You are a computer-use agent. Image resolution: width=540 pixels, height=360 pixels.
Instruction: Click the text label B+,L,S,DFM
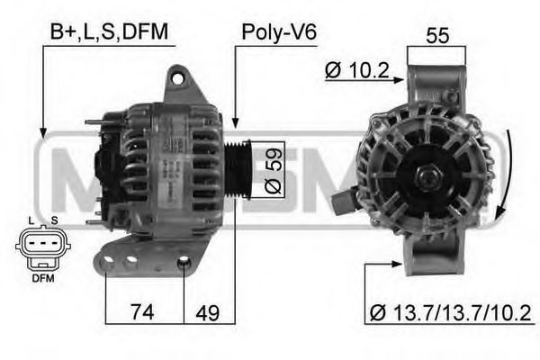[109, 32]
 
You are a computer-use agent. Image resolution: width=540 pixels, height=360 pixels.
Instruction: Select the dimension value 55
[436, 36]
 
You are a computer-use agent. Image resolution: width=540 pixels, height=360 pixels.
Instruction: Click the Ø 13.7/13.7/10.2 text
[450, 312]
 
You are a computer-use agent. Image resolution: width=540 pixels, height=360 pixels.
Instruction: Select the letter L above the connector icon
[30, 220]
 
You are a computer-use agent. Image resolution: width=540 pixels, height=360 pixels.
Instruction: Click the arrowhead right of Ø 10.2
[401, 72]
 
